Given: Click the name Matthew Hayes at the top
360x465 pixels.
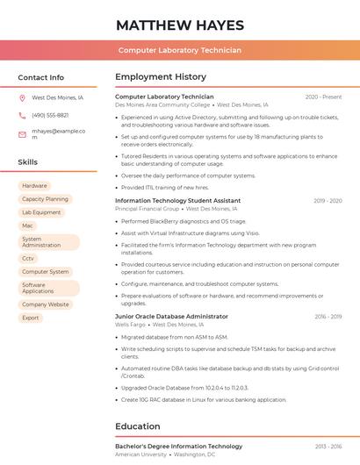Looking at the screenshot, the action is [x=179, y=25].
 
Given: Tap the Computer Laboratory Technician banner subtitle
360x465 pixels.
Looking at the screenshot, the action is [x=179, y=50].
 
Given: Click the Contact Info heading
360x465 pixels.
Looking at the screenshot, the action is [x=40, y=77].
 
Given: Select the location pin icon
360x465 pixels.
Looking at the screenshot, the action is [x=22, y=98].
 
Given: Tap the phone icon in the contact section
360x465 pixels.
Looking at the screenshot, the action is [x=22, y=115].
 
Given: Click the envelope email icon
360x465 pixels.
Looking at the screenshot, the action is [x=22, y=134].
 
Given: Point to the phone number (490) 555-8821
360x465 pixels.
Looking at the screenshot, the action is [x=50, y=115].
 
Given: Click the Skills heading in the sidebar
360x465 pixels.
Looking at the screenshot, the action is [x=27, y=162].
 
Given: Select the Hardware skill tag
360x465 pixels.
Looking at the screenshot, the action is [x=34, y=186].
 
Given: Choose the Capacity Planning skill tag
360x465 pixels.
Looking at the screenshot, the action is [x=45, y=199].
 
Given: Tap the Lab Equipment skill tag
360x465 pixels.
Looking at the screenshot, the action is [x=41, y=212].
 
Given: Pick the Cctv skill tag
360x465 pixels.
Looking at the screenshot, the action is [x=28, y=258].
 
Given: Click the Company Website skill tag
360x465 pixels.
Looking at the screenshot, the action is [x=45, y=304].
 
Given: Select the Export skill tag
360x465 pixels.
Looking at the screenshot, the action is [x=31, y=318].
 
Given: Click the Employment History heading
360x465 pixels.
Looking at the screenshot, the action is [x=161, y=77].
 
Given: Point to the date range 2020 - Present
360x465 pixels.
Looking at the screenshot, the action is [x=323, y=97].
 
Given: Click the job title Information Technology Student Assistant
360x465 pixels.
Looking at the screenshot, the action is [x=177, y=200].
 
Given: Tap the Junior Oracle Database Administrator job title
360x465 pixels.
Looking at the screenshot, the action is [x=171, y=316].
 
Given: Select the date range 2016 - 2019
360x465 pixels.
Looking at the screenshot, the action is [x=328, y=316].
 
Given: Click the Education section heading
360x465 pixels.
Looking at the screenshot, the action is [x=139, y=426].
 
